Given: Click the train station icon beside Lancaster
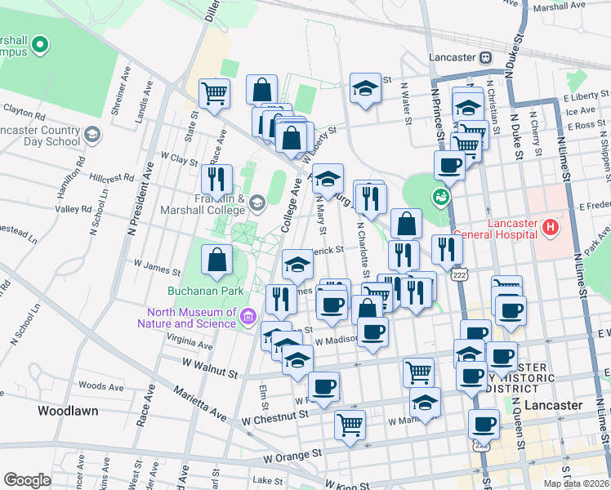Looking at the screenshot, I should [x=485, y=57].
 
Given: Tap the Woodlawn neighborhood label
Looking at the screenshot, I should [x=69, y=411].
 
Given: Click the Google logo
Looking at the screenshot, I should [x=27, y=479].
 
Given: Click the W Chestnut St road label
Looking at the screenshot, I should [x=276, y=416].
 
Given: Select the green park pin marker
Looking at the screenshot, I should [x=441, y=197].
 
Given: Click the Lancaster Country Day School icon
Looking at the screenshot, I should [x=93, y=134].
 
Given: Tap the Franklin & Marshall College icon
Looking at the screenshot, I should [x=257, y=202].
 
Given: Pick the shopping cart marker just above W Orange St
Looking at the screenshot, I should [x=350, y=424].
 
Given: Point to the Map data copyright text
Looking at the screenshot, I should [x=577, y=483].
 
